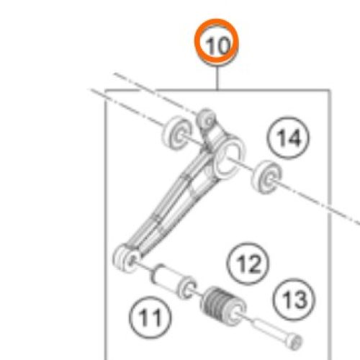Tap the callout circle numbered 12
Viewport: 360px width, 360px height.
(x=248, y=264)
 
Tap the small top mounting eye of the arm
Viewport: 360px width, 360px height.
(x=207, y=117)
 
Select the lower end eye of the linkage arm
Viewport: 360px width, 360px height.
(x=124, y=256)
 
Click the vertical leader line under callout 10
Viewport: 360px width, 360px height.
(x=218, y=76)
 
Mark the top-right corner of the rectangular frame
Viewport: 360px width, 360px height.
(x=329, y=90)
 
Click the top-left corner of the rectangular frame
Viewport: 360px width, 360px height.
(x=107, y=90)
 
